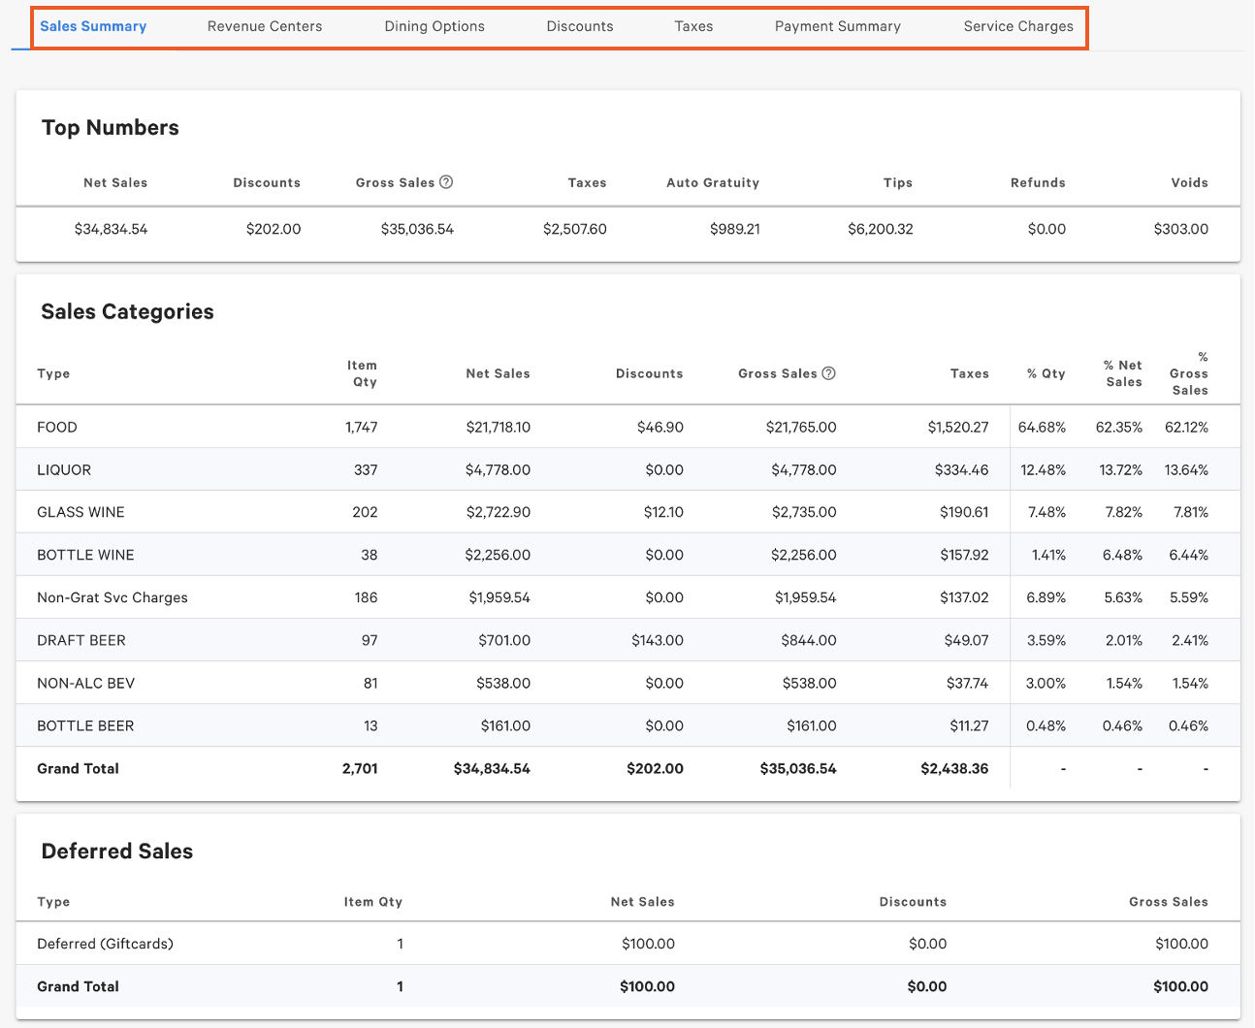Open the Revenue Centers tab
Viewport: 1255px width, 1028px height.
pos(265,26)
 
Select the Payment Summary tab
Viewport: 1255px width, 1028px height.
pos(837,26)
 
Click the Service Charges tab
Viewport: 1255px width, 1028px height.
pos(1017,26)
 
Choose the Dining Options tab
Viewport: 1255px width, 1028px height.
pos(434,26)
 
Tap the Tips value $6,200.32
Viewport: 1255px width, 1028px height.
pos(880,230)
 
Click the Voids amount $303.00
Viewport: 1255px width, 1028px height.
pos(1180,230)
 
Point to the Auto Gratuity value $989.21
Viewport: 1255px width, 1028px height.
pos(734,230)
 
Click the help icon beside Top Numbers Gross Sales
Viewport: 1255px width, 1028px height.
pos(446,182)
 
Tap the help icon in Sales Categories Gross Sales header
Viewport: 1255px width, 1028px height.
pos(828,373)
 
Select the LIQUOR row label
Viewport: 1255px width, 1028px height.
pos(64,470)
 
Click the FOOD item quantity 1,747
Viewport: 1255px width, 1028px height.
pos(361,428)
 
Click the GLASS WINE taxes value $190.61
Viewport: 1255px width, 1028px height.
pos(963,513)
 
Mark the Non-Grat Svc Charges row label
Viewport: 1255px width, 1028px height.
pos(113,598)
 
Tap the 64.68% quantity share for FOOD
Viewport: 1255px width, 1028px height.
pos(1042,428)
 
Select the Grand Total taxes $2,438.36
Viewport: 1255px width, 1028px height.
pos(954,769)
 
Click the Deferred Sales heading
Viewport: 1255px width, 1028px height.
pos(117,851)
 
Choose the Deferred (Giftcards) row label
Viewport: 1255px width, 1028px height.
pos(105,944)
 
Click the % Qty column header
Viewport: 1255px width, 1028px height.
pos(1046,373)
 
